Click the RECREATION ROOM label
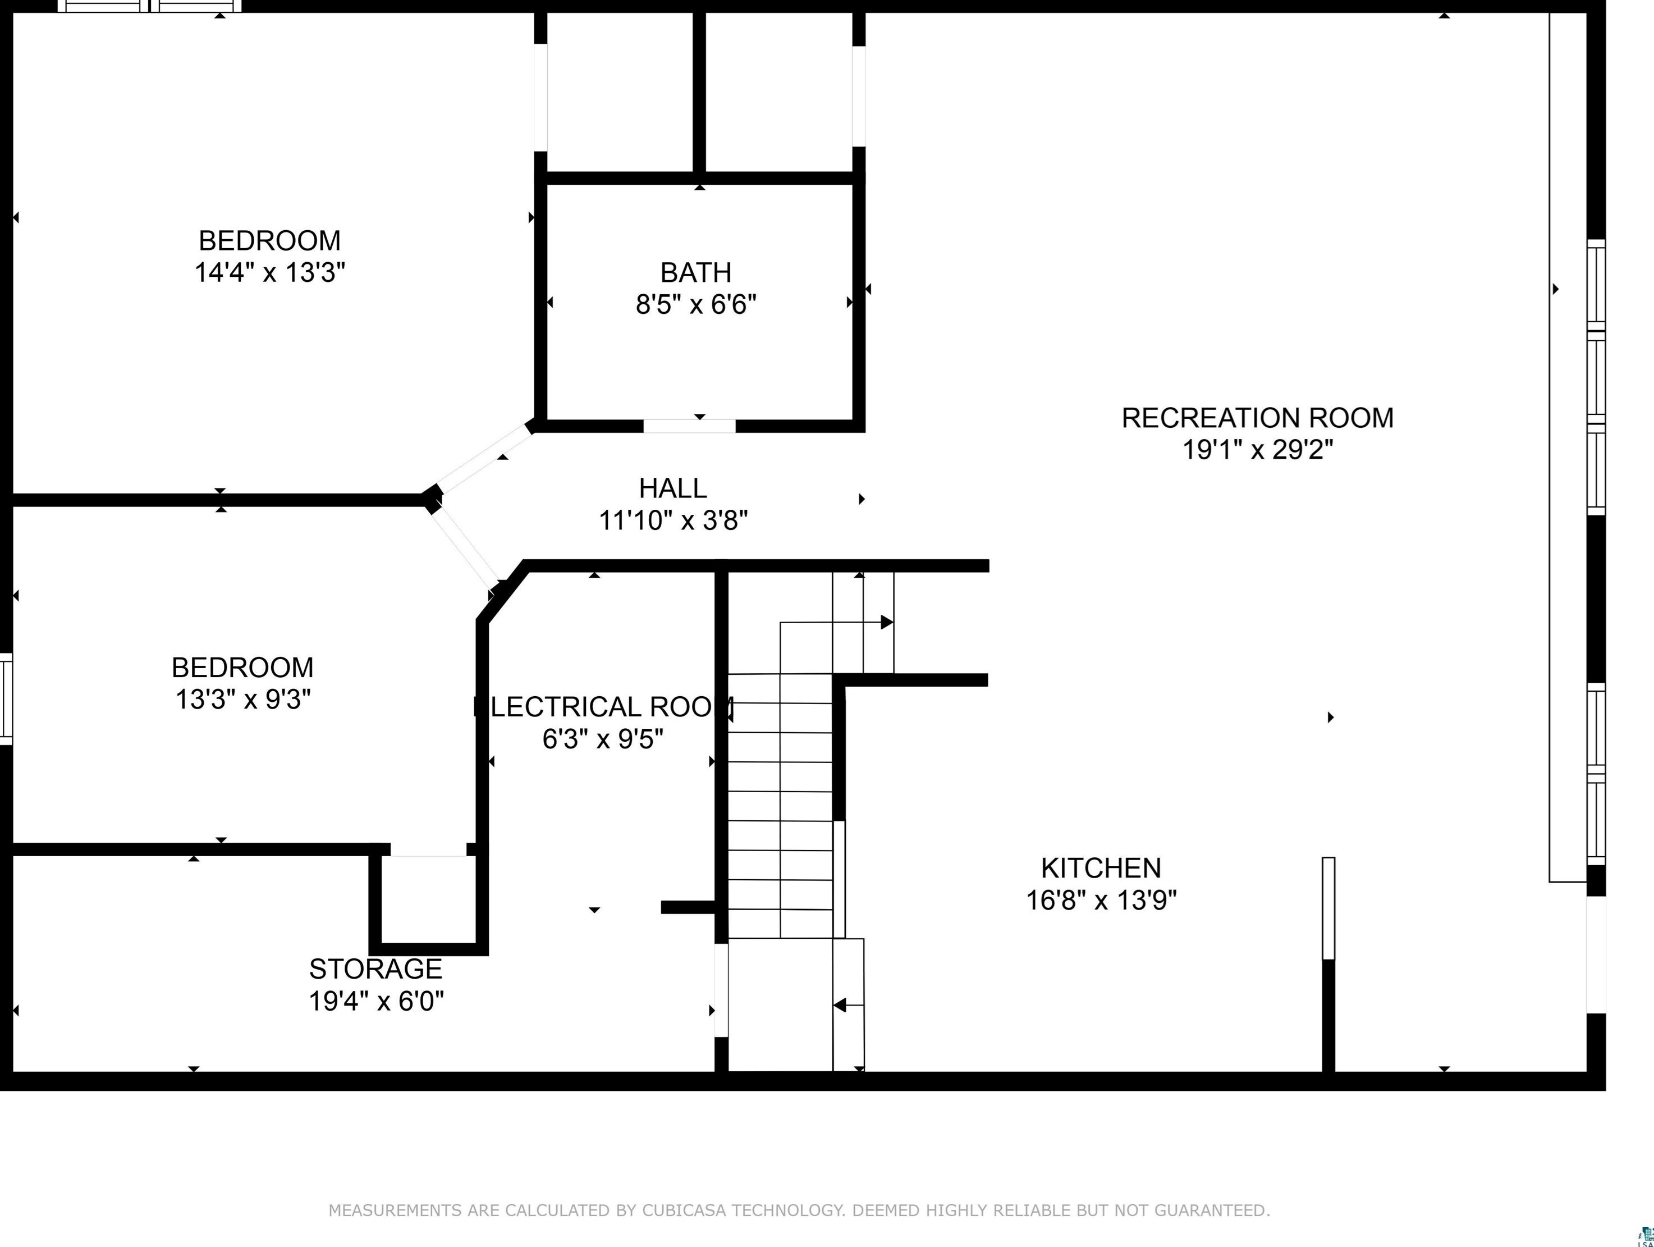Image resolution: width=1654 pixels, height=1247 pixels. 1257,417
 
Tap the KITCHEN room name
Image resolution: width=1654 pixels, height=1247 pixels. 1101,868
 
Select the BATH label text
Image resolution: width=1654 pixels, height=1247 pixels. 695,272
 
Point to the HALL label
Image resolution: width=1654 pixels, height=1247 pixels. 673,488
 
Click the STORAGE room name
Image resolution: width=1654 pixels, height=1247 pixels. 375,969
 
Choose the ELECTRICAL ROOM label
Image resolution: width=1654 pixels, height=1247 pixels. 603,707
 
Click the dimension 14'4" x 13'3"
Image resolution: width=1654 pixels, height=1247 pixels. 270,272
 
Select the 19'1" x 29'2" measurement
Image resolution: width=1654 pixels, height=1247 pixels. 1258,450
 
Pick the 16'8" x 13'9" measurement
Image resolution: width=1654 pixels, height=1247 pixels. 1101,900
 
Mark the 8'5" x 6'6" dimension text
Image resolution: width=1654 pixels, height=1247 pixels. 696,304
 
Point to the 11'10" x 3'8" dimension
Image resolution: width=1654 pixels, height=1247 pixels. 673,520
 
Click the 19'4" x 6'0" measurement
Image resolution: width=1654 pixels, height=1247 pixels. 376,1001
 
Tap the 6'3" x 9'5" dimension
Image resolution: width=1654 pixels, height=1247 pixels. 603,739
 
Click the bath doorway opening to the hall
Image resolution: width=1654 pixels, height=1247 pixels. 689,426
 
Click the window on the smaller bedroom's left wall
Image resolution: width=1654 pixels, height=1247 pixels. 6,698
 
